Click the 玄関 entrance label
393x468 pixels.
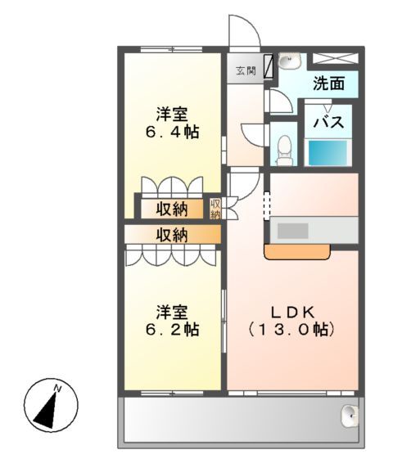tap(246, 70)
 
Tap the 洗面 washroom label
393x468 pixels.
tap(327, 83)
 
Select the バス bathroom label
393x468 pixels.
tap(328, 123)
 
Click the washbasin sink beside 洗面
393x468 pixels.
tap(287, 61)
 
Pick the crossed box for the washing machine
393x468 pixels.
tap(336, 58)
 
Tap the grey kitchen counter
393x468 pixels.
tap(314, 230)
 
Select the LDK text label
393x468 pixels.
tap(293, 312)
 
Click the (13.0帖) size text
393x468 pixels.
tap(293, 331)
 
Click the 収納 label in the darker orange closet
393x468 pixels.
tap(172, 235)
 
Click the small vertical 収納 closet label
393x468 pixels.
tap(216, 209)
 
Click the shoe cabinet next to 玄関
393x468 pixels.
tap(268, 70)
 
